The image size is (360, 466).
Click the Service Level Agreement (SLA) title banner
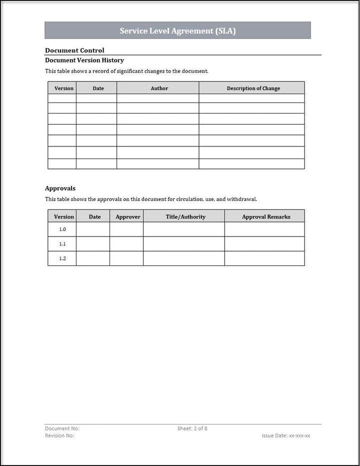[x=177, y=30]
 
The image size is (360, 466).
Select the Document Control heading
[x=74, y=50]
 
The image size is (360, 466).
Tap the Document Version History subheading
[x=84, y=60]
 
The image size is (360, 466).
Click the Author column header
[x=159, y=88]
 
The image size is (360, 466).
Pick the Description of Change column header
[x=253, y=88]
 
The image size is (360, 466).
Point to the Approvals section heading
[x=60, y=188]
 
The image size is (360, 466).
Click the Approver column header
[x=128, y=216]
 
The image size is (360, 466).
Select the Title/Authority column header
[x=185, y=216]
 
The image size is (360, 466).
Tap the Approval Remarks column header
[x=266, y=216]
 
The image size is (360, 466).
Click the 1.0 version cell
[x=62, y=229]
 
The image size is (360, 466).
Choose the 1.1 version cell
[x=62, y=244]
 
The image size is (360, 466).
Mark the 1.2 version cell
[x=62, y=258]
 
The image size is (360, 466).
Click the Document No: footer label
[x=62, y=428]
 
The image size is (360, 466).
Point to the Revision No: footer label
[x=59, y=435]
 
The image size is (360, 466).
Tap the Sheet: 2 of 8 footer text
[x=192, y=428]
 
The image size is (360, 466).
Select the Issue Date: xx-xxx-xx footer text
[x=285, y=435]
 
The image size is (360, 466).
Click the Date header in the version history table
[x=98, y=88]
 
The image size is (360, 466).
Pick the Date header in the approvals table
[x=94, y=216]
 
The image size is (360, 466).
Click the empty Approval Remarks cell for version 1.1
[x=264, y=244]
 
